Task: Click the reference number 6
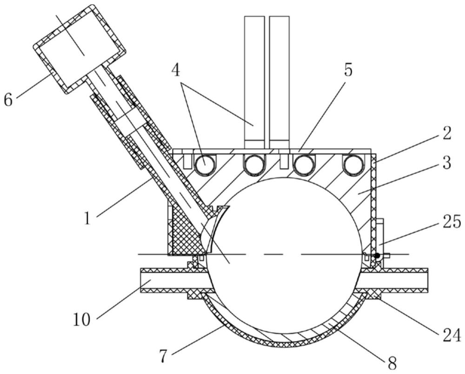tap(8, 100)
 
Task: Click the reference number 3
tap(446, 163)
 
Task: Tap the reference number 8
tap(392, 362)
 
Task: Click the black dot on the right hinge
tap(377, 255)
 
